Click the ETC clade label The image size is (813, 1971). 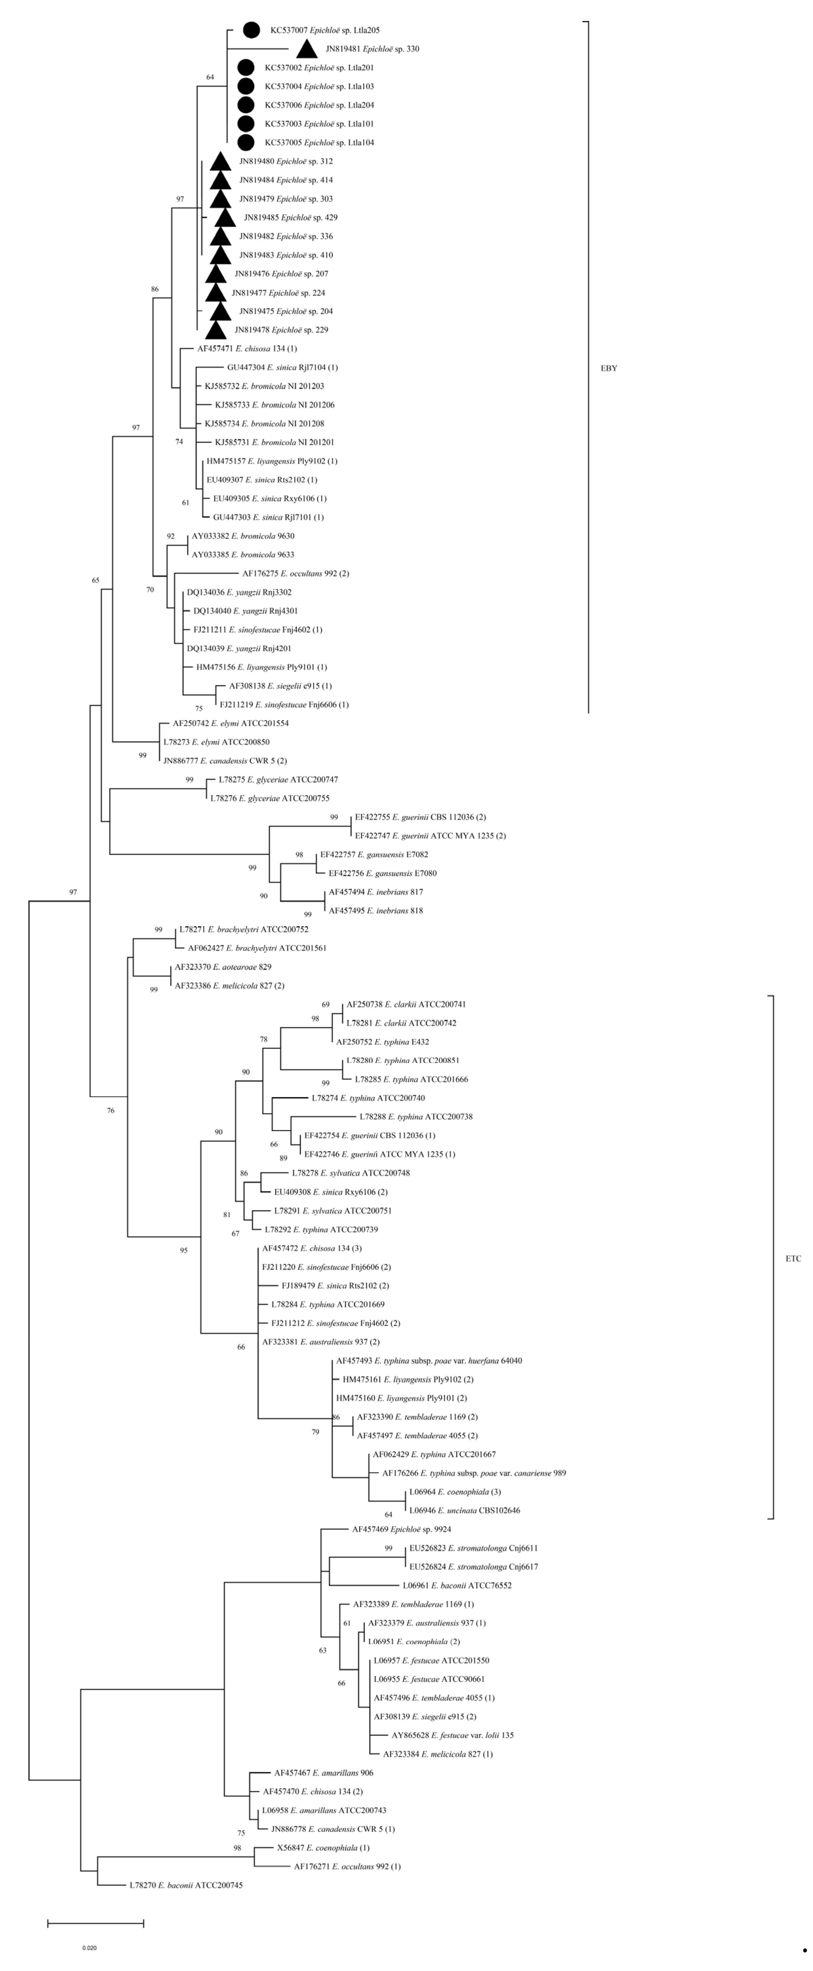point(793,1259)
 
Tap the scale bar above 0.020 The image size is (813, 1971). point(96,1923)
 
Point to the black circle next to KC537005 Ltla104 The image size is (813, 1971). point(246,142)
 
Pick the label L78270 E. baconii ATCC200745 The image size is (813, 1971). point(185,1885)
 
